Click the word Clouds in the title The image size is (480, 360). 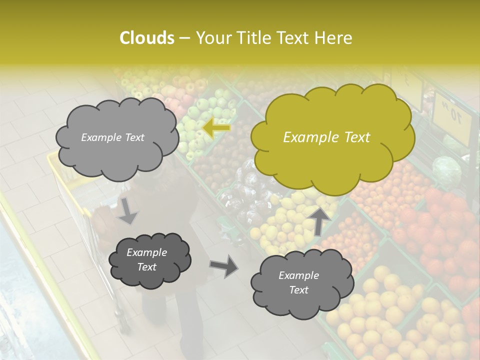point(146,38)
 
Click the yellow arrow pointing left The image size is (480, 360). point(216,128)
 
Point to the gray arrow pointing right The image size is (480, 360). point(223,265)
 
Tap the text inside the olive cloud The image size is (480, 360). point(326,137)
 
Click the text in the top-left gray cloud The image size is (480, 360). point(112,137)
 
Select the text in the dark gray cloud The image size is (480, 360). point(146,260)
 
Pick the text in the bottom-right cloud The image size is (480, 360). point(298,282)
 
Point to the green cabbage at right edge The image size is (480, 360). point(446,170)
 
